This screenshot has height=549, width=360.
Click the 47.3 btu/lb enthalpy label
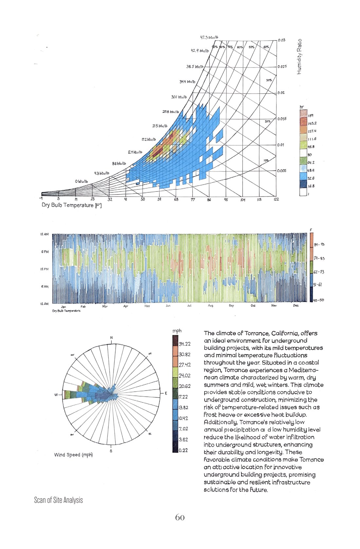[209, 38]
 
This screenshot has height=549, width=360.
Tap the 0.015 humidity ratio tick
[282, 119]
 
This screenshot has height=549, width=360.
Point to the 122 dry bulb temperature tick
[276, 199]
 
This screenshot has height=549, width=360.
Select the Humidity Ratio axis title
[299, 57]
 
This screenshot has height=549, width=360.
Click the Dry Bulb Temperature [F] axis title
[71, 205]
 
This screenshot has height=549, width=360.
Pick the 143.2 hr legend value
[312, 123]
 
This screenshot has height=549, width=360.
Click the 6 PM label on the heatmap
[45, 252]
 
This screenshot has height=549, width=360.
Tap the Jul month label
[189, 306]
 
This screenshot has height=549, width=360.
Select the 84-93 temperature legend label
[319, 245]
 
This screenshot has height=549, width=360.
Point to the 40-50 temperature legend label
[318, 300]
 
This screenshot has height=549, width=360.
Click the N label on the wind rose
[111, 338]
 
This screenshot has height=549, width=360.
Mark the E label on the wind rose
[166, 393]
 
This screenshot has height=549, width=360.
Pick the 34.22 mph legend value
[185, 344]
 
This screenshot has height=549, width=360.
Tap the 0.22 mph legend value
[183, 450]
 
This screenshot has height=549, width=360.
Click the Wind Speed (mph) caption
[73, 455]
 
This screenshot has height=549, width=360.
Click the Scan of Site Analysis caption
[58, 500]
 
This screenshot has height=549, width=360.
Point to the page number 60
[180, 518]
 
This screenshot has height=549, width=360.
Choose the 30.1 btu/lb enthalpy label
[179, 97]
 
